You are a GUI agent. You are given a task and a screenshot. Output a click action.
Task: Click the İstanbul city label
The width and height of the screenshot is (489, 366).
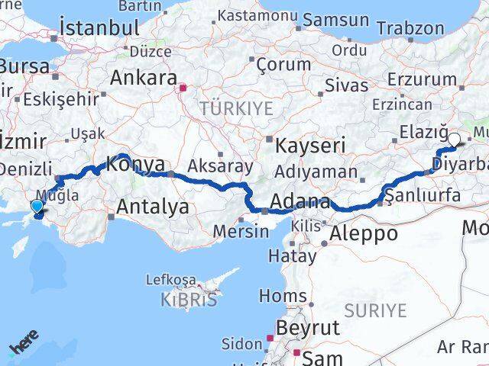(x=99, y=28)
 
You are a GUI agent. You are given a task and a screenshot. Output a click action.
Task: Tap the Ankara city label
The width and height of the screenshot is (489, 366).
(x=144, y=77)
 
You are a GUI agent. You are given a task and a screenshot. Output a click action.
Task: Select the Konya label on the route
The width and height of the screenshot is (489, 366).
(x=135, y=163)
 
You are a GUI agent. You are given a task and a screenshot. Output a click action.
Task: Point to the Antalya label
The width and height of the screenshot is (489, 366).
(x=153, y=206)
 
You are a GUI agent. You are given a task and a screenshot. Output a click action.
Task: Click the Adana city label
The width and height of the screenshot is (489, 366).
(x=298, y=203)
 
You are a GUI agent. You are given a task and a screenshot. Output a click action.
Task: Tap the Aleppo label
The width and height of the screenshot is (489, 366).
(x=364, y=233)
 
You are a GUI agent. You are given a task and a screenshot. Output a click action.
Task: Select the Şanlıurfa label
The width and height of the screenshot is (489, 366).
(x=424, y=195)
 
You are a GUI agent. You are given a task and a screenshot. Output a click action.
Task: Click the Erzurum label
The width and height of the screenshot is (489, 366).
(x=422, y=79)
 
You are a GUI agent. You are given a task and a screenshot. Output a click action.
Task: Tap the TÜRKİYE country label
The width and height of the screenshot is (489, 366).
(x=236, y=108)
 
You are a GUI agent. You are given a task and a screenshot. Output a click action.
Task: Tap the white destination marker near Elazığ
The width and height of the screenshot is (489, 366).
(x=455, y=140)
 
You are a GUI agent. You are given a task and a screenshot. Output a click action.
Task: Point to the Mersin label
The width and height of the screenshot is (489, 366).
(x=241, y=231)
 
